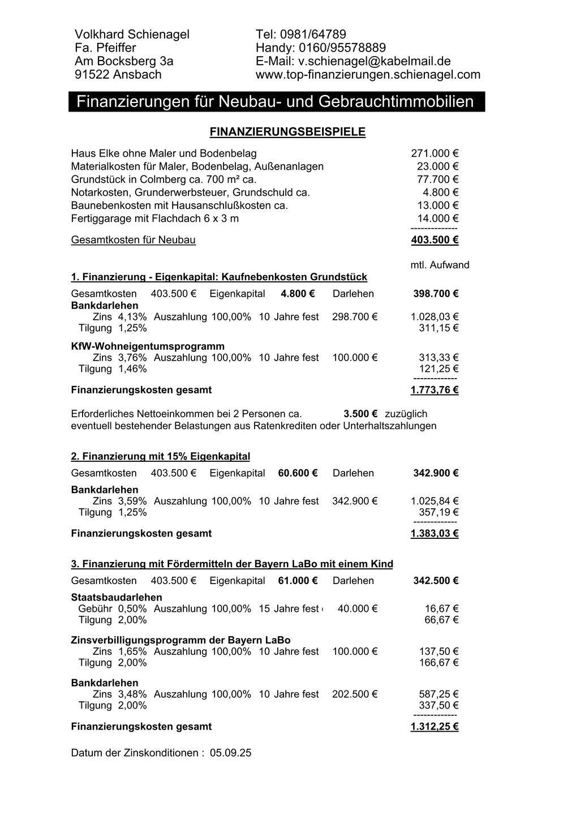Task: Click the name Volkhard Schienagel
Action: tap(132, 35)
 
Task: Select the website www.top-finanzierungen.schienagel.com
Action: tap(368, 75)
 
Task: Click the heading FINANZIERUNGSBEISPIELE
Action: tap(287, 132)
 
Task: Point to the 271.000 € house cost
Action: tap(434, 153)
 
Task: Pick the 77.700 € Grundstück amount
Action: tap(437, 179)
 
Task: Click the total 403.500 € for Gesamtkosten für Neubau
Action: tap(434, 240)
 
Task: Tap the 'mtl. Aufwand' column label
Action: tap(440, 265)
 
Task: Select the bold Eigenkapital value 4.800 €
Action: tap(297, 294)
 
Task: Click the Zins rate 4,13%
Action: tap(132, 317)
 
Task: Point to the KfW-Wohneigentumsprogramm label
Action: tap(148, 346)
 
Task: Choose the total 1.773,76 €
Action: tap(434, 390)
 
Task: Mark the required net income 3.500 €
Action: tap(360, 414)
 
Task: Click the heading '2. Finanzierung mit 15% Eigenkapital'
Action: tap(161, 456)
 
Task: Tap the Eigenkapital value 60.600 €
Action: tap(298, 473)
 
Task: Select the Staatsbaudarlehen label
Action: tap(117, 597)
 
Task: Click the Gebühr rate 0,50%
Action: tap(132, 608)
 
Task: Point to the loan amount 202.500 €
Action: tap(355, 694)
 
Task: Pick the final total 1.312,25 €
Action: tap(434, 727)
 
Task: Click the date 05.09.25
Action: tap(230, 753)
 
